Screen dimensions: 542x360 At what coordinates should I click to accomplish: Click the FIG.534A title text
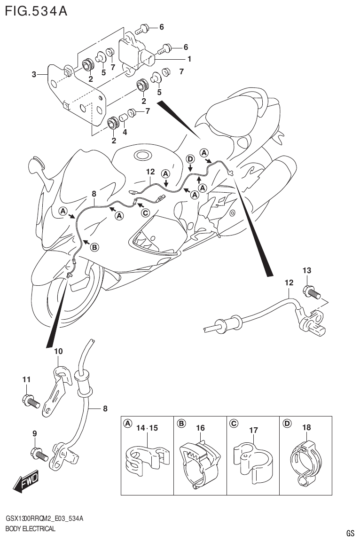point(36,10)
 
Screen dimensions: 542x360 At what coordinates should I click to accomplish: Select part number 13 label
point(306,271)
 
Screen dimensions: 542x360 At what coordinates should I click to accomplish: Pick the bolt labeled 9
point(38,454)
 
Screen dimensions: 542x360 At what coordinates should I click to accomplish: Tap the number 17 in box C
point(253,430)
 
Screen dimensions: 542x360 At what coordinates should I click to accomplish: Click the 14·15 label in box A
point(147,428)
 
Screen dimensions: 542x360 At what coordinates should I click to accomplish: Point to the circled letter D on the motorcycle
point(190,159)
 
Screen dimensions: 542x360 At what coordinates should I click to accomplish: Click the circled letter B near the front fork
point(94,248)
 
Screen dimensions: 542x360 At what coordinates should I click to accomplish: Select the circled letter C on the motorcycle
point(145,213)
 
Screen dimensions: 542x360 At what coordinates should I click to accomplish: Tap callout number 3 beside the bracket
point(34,74)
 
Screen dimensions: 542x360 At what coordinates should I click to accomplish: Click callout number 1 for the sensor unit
point(189,59)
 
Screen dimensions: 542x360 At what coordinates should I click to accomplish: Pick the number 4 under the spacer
point(125,132)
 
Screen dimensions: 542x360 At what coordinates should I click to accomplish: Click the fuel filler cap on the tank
point(141,155)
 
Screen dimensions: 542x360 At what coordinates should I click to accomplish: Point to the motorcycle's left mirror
point(36,165)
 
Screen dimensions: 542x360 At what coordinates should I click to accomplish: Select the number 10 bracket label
point(58,351)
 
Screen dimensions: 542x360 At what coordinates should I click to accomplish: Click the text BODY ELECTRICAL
point(30,529)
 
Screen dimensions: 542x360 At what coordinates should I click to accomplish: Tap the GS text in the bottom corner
point(350,533)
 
